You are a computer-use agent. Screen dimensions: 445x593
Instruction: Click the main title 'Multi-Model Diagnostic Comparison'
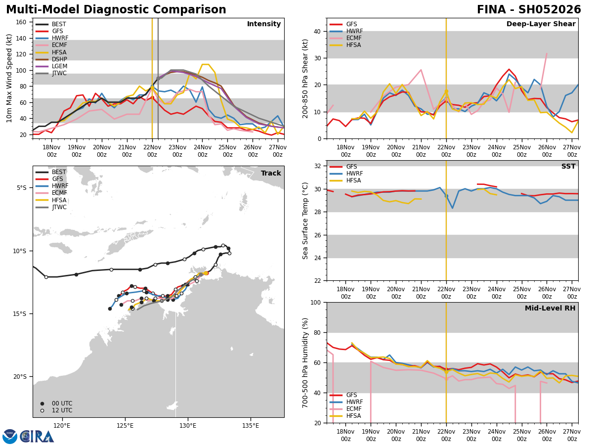[116, 10]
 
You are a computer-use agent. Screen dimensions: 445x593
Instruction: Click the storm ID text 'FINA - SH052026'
[529, 10]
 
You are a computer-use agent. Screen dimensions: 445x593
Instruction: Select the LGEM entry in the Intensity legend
[59, 66]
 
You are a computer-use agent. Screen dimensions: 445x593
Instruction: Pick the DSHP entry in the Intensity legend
[59, 59]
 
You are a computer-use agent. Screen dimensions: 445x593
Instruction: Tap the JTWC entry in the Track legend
[59, 207]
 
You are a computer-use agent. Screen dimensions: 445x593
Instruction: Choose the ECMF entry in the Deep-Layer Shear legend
[354, 38]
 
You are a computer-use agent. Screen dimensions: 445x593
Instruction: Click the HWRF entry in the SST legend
[354, 174]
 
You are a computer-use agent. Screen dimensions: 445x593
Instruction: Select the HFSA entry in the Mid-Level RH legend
[354, 416]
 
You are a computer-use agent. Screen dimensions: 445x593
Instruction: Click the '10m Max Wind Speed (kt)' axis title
[9, 78]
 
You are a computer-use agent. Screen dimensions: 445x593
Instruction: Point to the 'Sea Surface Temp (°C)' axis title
[305, 221]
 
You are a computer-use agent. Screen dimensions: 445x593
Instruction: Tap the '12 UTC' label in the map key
[62, 410]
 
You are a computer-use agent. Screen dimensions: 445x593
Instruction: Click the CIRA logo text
[37, 437]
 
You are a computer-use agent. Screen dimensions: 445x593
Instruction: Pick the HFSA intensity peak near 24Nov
[205, 64]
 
